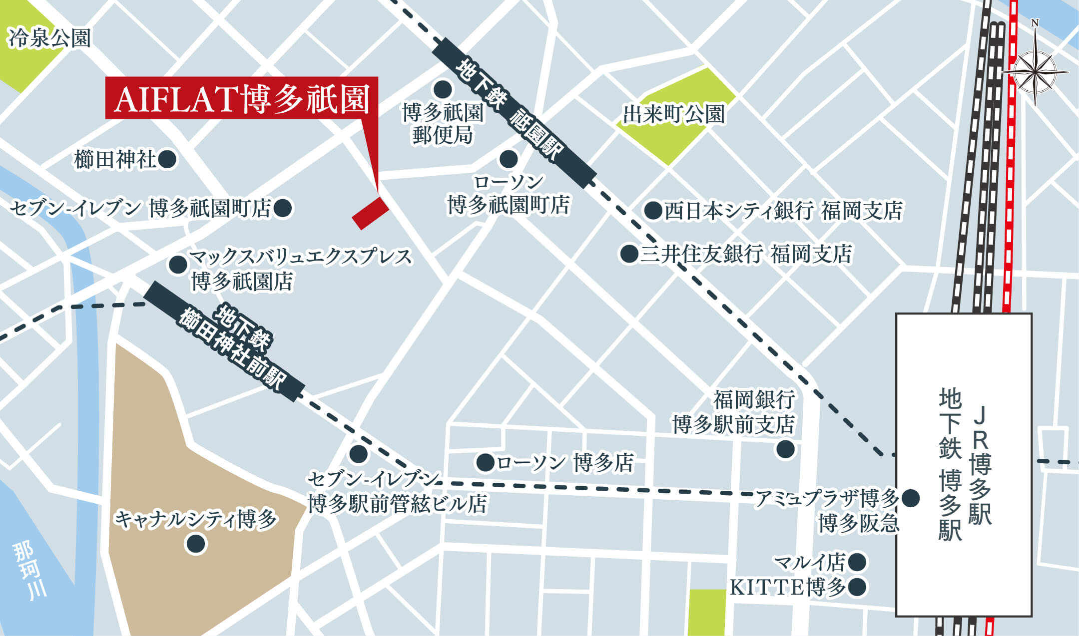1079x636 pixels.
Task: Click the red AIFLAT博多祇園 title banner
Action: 241,98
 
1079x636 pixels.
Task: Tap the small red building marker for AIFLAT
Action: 370,213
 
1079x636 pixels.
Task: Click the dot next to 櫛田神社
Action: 167,160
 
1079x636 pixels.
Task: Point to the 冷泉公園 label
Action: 49,38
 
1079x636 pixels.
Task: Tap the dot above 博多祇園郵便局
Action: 443,90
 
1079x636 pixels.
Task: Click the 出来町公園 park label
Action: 673,114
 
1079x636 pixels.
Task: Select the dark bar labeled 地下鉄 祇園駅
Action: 514,113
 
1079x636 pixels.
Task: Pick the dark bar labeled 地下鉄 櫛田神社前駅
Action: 224,341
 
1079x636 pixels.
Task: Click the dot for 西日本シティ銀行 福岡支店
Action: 653,211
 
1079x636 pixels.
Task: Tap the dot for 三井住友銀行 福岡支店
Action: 629,254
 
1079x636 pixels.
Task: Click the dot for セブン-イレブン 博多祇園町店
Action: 283,208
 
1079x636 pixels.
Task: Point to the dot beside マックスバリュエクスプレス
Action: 178,265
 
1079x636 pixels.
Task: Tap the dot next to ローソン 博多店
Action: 485,462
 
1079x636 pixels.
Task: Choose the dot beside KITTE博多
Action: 857,587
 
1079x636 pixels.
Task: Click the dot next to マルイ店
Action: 857,562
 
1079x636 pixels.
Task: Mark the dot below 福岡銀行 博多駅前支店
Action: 785,449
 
